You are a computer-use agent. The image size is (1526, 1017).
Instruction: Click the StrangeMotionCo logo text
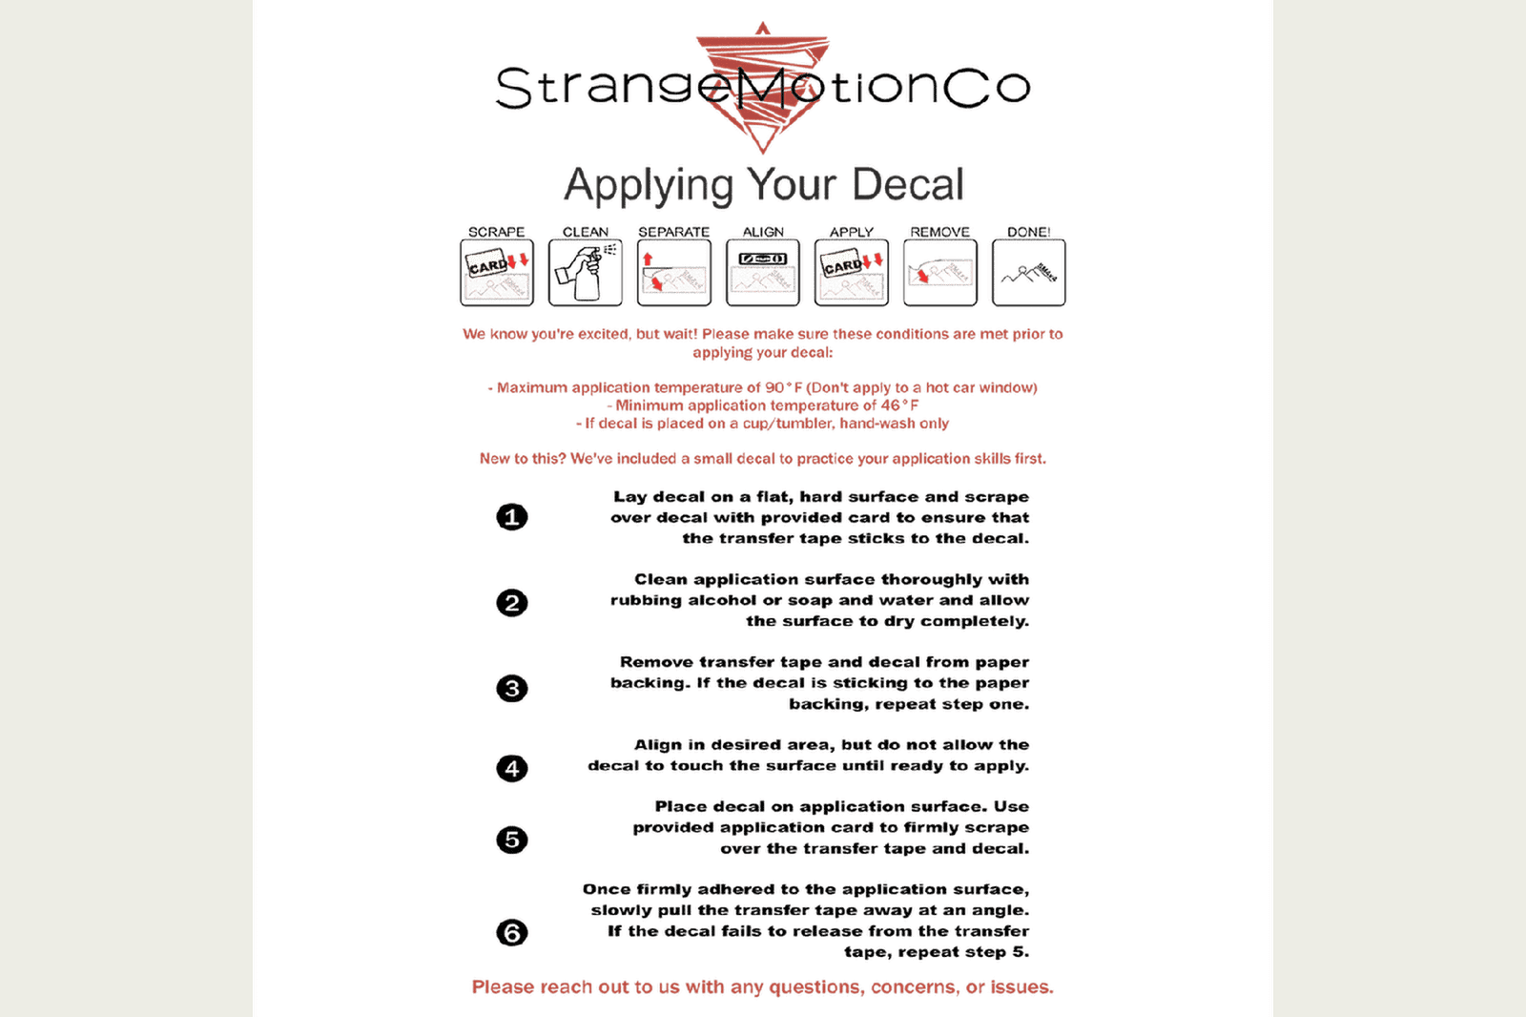point(763,87)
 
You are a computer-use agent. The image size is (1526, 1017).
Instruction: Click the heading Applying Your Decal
point(763,184)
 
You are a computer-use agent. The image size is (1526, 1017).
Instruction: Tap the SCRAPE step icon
point(496,273)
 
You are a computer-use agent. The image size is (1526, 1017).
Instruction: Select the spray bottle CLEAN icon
point(585,273)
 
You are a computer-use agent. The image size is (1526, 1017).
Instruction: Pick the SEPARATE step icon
point(673,273)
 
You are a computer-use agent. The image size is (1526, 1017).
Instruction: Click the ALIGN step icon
point(762,273)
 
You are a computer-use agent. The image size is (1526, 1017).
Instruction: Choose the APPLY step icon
point(851,273)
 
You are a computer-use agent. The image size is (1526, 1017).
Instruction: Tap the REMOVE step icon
point(939,273)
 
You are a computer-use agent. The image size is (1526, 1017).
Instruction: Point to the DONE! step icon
point(1028,273)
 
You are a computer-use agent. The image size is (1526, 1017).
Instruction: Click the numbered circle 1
point(512,517)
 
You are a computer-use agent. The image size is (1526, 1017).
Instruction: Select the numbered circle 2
point(512,603)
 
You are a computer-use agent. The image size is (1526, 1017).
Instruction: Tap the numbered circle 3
point(512,689)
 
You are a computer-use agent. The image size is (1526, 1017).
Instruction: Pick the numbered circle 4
point(512,768)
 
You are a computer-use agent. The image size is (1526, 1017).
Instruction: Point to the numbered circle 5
point(512,840)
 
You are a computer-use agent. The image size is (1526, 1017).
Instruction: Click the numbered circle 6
point(512,932)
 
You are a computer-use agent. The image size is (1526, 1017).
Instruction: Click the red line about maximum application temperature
point(763,387)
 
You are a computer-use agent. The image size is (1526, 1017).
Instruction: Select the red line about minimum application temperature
point(763,405)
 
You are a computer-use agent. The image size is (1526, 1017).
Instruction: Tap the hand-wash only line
point(763,424)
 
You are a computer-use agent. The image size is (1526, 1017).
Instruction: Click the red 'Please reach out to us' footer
point(763,987)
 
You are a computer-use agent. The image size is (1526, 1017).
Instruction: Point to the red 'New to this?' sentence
point(763,459)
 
